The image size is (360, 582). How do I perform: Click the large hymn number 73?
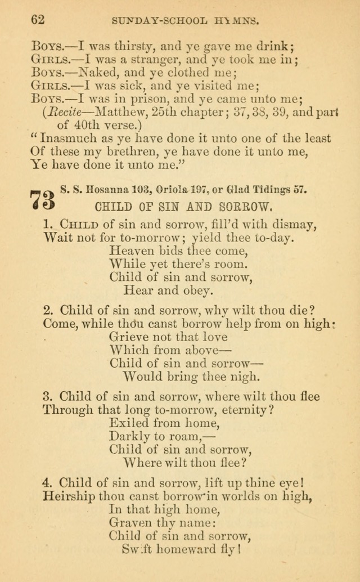[42, 200]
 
